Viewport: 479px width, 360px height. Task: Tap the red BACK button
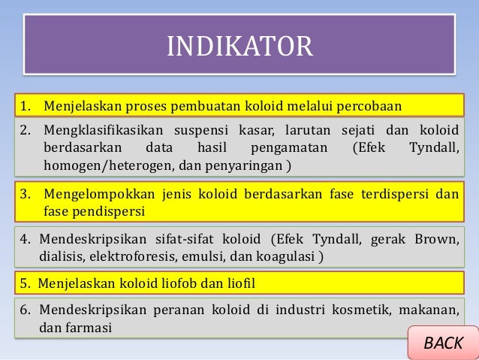click(x=443, y=343)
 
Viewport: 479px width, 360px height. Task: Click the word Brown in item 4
click(x=436, y=240)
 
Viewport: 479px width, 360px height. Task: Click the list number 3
click(x=25, y=195)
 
